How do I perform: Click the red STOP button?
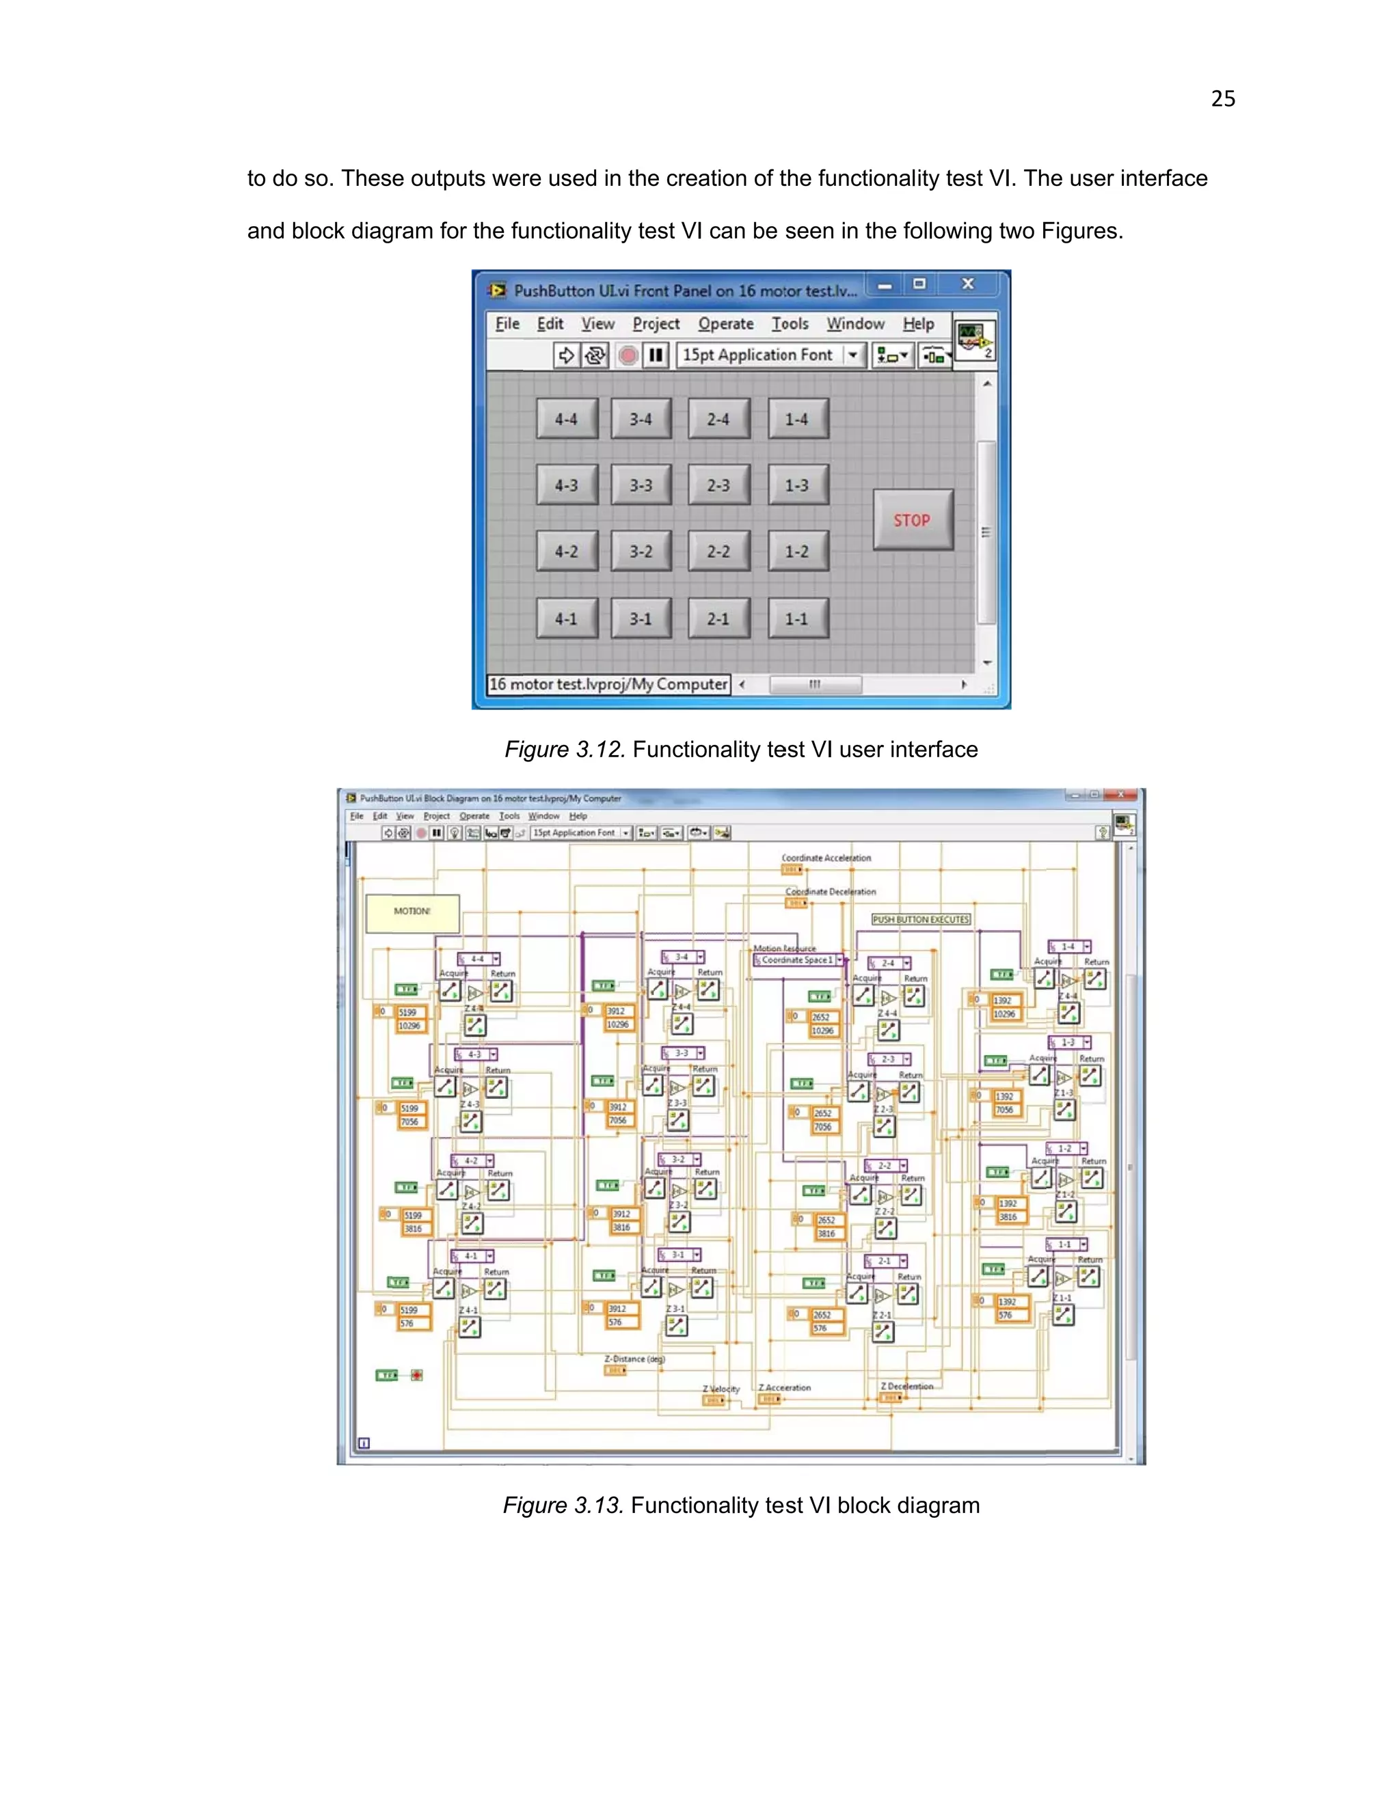913,520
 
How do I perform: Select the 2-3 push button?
718,485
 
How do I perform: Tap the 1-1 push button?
797,618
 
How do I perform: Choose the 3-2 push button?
641,552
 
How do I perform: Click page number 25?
1222,98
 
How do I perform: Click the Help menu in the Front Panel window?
918,324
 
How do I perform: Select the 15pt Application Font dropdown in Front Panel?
770,355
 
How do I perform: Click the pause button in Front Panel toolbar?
655,355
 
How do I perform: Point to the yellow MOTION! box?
412,912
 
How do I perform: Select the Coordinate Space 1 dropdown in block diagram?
798,959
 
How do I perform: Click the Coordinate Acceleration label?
826,858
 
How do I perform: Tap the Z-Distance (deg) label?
634,1359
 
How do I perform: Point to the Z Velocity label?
721,1388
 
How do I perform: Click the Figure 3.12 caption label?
740,750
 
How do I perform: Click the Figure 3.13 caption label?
740,1505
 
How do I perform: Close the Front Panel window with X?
967,284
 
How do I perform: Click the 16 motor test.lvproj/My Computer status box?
608,684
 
